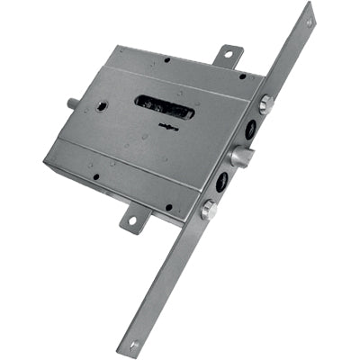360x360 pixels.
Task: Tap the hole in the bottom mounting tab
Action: click(x=133, y=219)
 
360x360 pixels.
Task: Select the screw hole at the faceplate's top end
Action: click(x=310, y=22)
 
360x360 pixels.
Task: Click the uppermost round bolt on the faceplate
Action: click(x=265, y=104)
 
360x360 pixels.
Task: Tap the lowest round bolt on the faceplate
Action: click(x=208, y=211)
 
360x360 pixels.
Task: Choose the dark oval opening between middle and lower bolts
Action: click(x=221, y=184)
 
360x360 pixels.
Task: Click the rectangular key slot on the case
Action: click(x=165, y=108)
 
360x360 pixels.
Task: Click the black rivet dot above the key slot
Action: click(x=166, y=61)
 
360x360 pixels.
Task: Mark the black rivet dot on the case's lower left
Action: click(x=95, y=175)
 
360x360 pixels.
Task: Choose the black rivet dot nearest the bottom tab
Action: click(x=167, y=207)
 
